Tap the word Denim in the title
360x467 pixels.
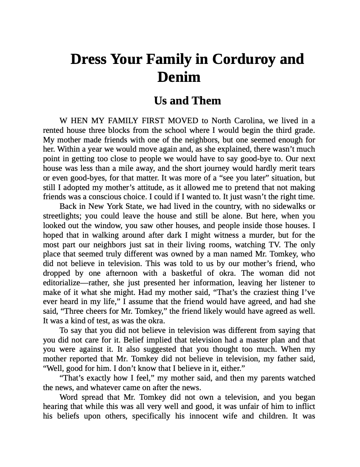[x=179, y=77]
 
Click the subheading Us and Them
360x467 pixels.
[x=187, y=101]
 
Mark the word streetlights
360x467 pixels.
[x=63, y=216]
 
